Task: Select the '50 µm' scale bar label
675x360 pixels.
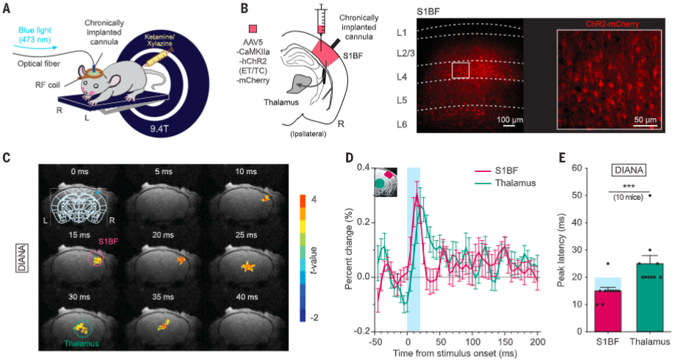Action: pos(644,118)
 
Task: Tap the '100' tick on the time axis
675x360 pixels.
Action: pos(472,342)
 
